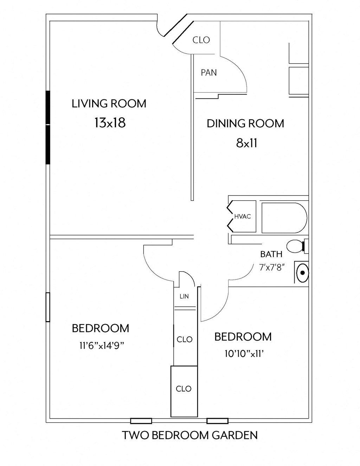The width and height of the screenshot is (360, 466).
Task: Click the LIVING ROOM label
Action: coord(109,104)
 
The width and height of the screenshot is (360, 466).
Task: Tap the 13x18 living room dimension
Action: coord(110,123)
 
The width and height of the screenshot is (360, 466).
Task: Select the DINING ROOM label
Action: coord(245,123)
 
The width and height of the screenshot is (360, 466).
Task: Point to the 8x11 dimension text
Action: coord(247,143)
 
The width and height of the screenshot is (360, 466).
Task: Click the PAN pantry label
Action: coord(209,73)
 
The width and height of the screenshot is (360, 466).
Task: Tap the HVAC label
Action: coord(243,217)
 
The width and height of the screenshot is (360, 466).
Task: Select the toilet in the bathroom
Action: coord(295,246)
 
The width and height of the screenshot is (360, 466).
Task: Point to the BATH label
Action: coord(271,254)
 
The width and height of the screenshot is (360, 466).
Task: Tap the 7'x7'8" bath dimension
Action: coord(271,267)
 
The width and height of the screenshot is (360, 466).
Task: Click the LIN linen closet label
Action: coord(184,296)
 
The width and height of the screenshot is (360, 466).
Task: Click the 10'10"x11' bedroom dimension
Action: coord(244,354)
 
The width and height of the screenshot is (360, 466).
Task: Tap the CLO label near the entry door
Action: coord(201,40)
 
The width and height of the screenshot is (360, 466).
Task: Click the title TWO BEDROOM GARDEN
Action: coord(190,435)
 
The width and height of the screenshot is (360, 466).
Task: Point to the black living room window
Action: coord(48,127)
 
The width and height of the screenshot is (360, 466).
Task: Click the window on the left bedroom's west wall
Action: coord(48,307)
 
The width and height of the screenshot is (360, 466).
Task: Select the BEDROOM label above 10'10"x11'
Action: coord(243,337)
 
